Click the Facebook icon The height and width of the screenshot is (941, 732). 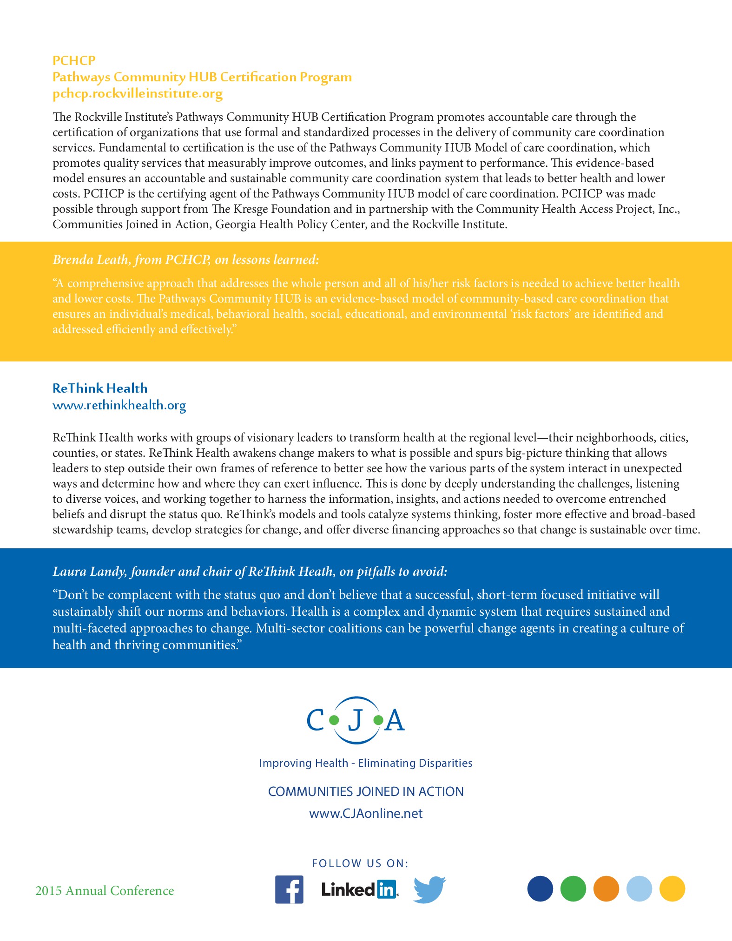point(289,889)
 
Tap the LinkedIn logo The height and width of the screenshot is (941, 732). point(359,889)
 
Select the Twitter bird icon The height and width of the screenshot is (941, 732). point(429,889)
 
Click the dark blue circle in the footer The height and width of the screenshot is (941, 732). point(540,888)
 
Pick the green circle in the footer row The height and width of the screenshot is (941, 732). point(573,888)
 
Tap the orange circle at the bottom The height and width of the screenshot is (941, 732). point(606,888)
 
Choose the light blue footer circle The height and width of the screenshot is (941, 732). point(639,888)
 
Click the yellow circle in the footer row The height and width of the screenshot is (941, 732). point(672,888)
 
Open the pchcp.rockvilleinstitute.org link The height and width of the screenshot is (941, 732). point(138,93)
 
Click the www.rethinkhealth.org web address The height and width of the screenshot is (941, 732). point(119,405)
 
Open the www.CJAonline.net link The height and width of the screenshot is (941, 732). point(366,813)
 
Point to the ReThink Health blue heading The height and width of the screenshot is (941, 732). point(100,388)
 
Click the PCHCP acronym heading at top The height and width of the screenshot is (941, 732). point(74,60)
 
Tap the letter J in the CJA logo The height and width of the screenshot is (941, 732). point(356,720)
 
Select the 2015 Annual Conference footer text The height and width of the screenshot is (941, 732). point(105,890)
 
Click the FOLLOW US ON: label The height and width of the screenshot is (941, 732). point(360,863)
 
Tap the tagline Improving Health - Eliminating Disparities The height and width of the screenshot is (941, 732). point(366,763)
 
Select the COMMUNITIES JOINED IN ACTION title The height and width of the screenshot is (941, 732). point(366,791)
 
